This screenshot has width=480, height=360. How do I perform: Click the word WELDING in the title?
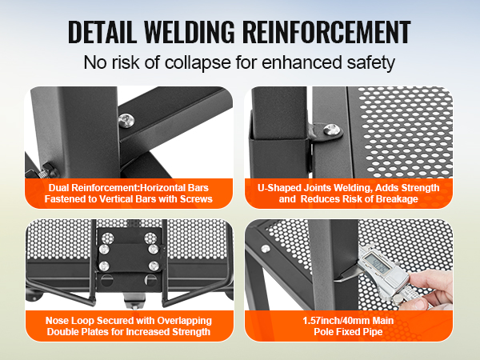tap(189, 32)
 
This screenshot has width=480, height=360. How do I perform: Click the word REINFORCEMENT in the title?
tap(327, 32)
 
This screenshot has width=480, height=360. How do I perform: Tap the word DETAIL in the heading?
tap(102, 32)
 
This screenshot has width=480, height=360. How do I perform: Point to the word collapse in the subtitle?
tap(198, 62)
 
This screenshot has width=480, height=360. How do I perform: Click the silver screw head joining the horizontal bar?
tap(126, 120)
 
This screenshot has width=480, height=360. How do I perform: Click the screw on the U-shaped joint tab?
tap(331, 130)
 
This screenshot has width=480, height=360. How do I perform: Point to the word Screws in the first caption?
tap(196, 199)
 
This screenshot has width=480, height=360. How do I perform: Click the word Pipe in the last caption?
tap(373, 332)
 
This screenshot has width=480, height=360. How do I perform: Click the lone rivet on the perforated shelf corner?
tap(266, 249)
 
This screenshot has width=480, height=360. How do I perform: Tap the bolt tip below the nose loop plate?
tap(134, 306)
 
